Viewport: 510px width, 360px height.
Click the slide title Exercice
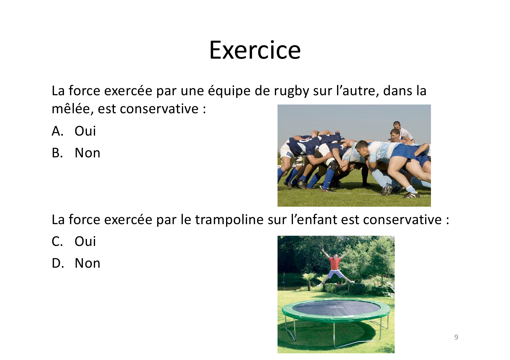coord(255,50)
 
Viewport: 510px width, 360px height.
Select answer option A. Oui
coord(74,131)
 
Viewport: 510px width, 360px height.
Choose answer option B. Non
coord(76,153)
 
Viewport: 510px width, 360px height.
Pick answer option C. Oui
coord(74,241)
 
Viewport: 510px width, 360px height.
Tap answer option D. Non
coord(76,263)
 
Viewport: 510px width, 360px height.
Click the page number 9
coord(456,337)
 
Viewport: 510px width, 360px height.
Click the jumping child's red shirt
coord(335,263)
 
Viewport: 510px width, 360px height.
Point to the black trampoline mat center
coord(335,308)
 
